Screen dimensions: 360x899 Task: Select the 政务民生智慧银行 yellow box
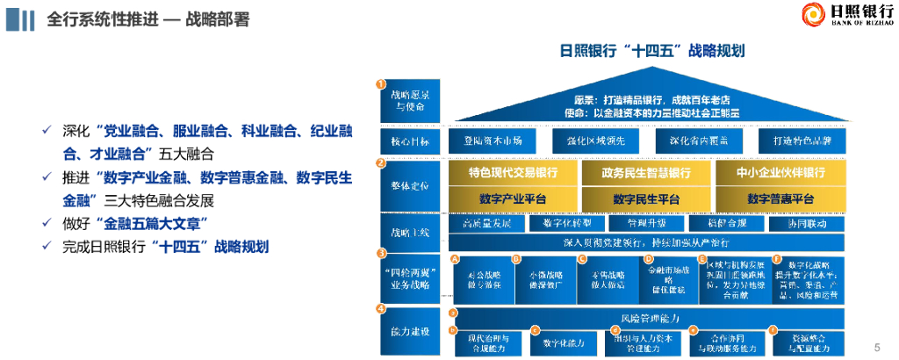click(x=647, y=172)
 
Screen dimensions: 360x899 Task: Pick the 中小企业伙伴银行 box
click(x=780, y=172)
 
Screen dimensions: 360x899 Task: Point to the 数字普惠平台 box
click(x=780, y=198)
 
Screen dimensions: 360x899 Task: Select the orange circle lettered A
click(x=455, y=259)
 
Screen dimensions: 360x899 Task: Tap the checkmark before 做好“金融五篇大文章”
click(x=48, y=220)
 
